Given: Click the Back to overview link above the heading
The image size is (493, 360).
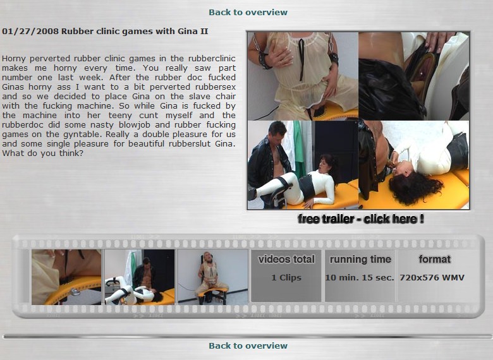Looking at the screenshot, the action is coord(248,12).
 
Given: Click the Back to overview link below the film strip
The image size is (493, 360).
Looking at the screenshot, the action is coord(248,345).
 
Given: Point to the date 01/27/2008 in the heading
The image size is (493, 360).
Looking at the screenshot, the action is coord(30,32).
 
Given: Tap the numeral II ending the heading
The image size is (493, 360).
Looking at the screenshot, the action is coord(204,32).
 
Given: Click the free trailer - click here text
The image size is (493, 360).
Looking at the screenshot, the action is coord(361,219).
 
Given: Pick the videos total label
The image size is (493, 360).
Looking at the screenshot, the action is coord(286,259).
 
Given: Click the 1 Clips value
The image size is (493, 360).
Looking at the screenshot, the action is coord(286,278).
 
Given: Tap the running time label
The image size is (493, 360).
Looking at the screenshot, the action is coord(360,259).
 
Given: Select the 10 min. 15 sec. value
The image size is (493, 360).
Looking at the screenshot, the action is coord(360,278).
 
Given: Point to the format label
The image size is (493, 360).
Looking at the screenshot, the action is coord(434,259).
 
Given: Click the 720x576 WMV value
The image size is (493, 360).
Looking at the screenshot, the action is coord(432,278).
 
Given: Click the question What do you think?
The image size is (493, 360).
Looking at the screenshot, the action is coord(42,153).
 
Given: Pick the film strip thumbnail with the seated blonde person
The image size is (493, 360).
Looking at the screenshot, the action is coord(212,277).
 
